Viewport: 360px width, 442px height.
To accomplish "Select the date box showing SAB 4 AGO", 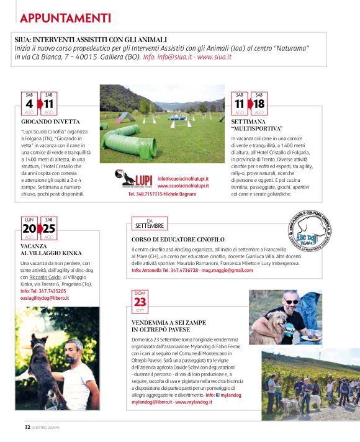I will pos(29,104).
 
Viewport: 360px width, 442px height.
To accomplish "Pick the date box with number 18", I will pos(259,104).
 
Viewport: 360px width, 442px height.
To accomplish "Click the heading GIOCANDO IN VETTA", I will pos(45,122).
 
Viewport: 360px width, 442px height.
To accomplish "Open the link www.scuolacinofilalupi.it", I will pos(183,185).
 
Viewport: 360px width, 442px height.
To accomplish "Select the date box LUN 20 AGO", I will pos(29,228).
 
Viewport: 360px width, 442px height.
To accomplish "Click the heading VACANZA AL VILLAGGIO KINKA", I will pos(47,250).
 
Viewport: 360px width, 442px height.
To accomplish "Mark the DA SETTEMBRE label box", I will pos(149,224).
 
